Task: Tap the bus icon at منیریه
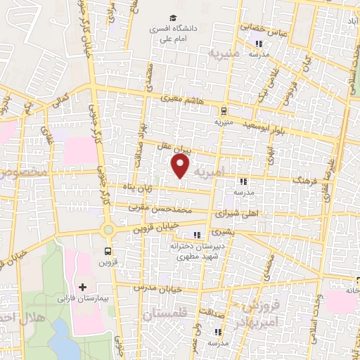(x=223, y=110)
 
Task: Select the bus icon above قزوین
(x=108, y=250)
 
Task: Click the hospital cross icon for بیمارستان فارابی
(x=83, y=287)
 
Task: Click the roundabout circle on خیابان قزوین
(x=108, y=229)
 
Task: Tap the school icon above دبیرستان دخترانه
(x=197, y=235)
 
